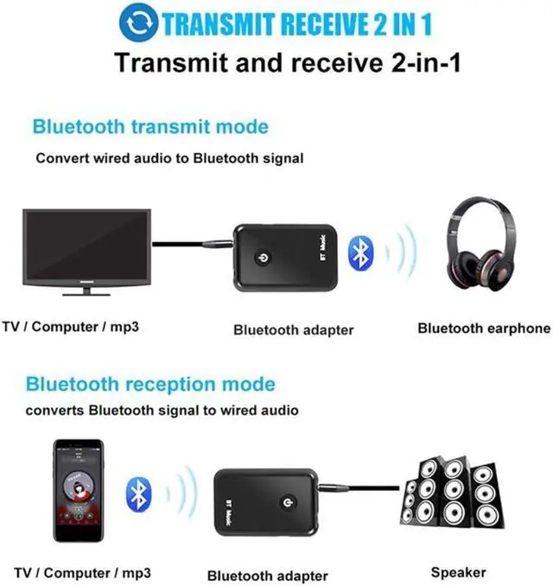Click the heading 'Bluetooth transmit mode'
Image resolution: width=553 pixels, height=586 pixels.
149,127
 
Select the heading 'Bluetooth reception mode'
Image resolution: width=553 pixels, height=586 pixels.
149,385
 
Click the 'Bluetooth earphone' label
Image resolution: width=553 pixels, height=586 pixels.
483,328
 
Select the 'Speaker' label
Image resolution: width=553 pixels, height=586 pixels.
459,572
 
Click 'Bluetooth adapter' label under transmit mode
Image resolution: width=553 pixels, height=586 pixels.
294,329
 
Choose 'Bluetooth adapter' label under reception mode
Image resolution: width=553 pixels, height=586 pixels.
267,576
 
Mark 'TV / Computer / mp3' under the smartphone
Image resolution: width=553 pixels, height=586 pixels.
77,573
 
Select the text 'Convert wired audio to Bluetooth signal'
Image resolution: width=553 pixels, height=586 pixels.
169,159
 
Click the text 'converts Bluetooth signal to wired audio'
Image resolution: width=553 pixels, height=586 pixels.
162,411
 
